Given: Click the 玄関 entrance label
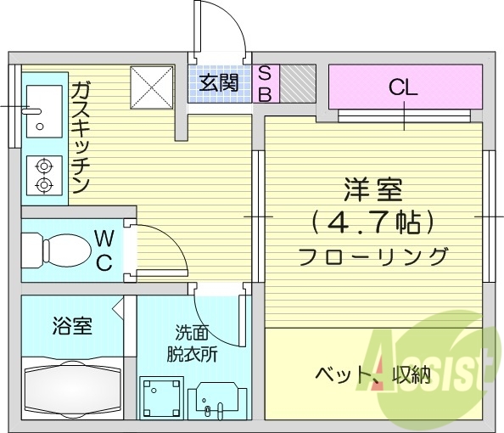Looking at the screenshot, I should [219, 83].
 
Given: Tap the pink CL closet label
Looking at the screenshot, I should [403, 86].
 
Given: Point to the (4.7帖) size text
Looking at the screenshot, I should [372, 222].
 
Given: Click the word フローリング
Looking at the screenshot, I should [372, 255].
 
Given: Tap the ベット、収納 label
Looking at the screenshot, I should [372, 374].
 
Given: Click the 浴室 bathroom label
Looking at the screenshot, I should [71, 324].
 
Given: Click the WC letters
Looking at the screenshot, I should [104, 249].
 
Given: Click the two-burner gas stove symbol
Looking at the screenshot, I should [43, 175].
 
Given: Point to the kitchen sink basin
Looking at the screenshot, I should [42, 110].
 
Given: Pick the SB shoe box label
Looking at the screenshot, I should [264, 83].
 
